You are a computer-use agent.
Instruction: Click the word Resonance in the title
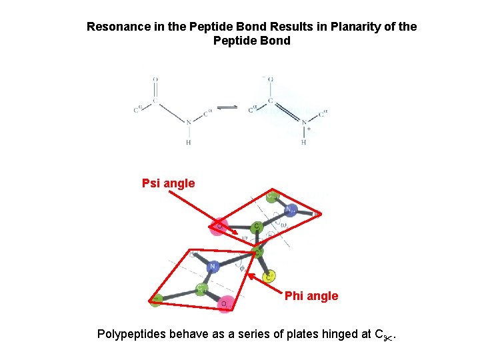point(115,27)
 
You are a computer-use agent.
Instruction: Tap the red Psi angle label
point(168,183)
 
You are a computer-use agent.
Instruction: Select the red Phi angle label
point(311,295)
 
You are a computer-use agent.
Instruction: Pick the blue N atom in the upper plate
point(291,210)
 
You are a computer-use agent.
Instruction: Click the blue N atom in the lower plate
point(213,267)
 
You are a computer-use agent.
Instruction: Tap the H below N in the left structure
point(189,142)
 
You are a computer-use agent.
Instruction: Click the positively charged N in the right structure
point(304,123)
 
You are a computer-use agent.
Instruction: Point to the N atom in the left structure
point(189,122)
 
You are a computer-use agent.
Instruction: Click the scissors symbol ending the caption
point(389,336)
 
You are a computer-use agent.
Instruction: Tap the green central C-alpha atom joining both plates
point(257,251)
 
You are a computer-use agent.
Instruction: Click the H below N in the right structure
point(304,142)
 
